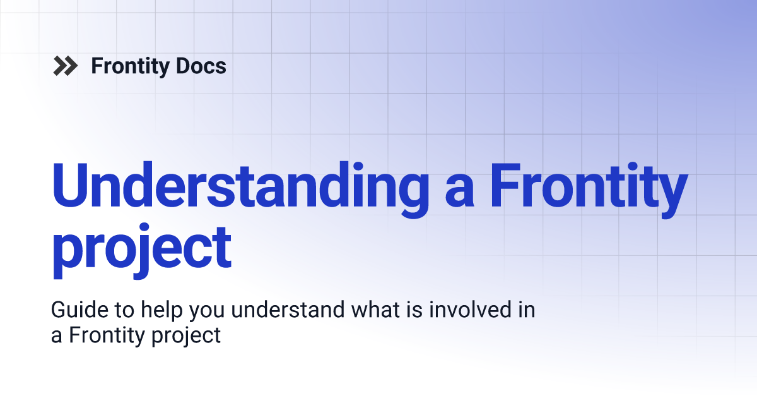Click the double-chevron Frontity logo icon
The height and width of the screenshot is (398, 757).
click(x=66, y=66)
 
